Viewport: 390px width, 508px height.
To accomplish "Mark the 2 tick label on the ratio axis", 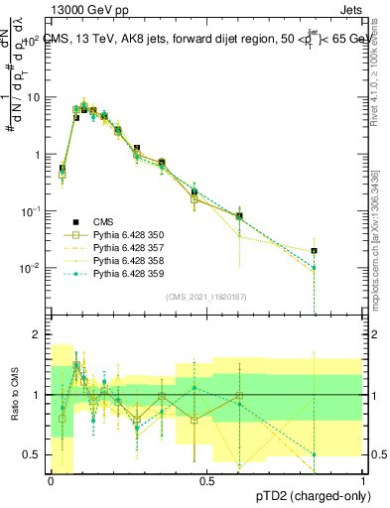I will click(x=38, y=334).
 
